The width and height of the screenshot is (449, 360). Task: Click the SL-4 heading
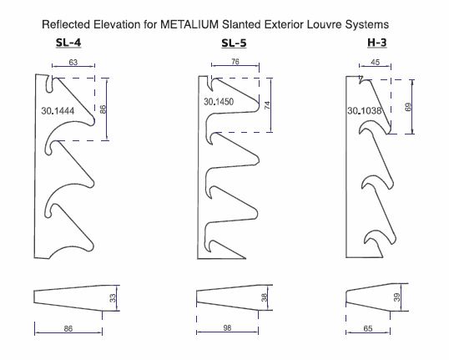(x=68, y=43)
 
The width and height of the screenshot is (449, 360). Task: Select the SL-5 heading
(x=234, y=43)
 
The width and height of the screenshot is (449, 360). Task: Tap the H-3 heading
(x=377, y=43)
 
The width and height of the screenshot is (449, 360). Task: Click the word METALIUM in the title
(x=189, y=24)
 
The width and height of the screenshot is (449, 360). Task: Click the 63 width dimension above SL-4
(x=73, y=62)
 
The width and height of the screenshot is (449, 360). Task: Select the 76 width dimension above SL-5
(x=235, y=62)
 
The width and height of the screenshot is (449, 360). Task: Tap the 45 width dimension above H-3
(x=375, y=62)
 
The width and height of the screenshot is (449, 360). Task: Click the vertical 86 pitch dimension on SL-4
(x=103, y=109)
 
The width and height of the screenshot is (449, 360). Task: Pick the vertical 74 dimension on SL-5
(x=267, y=105)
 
